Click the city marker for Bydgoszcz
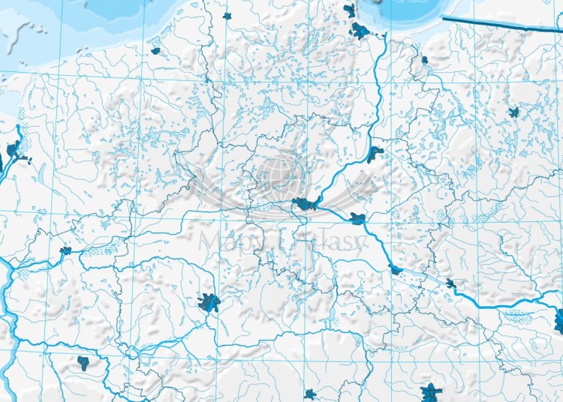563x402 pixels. click(305, 203)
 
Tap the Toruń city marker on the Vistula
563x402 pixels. click(357, 219)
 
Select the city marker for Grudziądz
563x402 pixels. click(375, 154)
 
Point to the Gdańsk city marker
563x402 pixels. click(360, 31)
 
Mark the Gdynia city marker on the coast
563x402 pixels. click(349, 10)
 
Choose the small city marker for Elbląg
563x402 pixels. click(425, 59)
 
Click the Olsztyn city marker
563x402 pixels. click(514, 112)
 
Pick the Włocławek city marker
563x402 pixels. click(396, 270)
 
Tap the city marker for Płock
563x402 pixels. click(450, 283)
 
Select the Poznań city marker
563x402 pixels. click(209, 302)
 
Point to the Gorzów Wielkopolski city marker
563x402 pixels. click(66, 250)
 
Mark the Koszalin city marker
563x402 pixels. click(156, 51)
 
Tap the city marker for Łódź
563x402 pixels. click(431, 391)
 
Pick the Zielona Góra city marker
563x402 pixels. click(83, 364)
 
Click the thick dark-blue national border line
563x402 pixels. click(495, 24)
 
